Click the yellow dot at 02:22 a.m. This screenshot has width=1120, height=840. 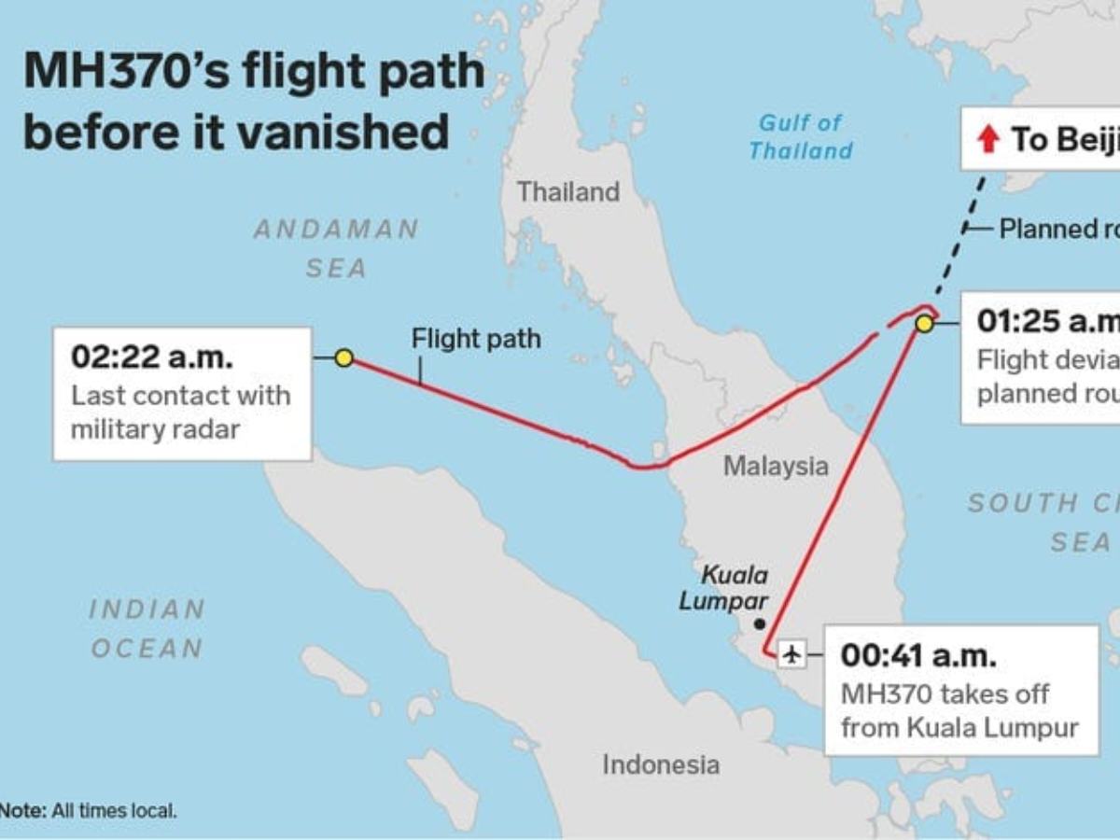click(343, 357)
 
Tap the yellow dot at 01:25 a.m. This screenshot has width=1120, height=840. click(924, 324)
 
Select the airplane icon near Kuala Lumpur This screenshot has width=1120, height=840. click(792, 653)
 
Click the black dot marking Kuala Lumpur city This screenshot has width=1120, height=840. click(760, 623)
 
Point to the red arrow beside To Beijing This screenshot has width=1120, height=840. click(987, 140)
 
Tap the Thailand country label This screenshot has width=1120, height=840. click(568, 192)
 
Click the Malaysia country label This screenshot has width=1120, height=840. click(776, 466)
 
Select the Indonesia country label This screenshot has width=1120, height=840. click(661, 765)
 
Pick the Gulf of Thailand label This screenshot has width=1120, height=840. click(800, 136)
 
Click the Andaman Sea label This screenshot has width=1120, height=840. click(337, 248)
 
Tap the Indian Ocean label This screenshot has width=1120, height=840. click(147, 629)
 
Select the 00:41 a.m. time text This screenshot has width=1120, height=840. click(918, 655)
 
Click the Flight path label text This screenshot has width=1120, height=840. click(476, 339)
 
